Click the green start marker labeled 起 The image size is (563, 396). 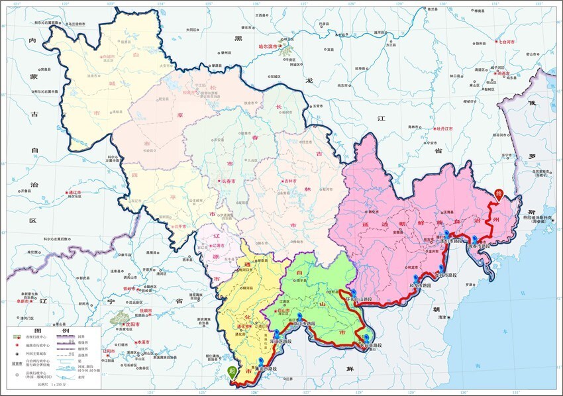pyautogui.click(x=231, y=372)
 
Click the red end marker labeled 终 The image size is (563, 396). pyautogui.click(x=499, y=194)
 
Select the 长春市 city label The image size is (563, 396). pyautogui.click(x=229, y=181)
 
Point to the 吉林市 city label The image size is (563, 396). pyautogui.click(x=290, y=181)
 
